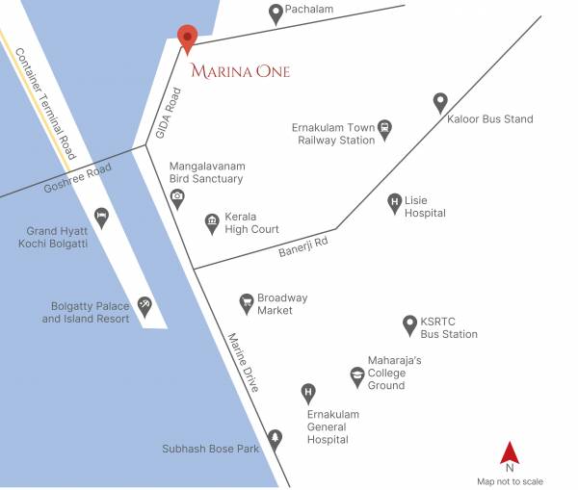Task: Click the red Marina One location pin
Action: coord(188,38)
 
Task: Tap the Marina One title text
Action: coord(240,71)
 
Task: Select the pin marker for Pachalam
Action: coord(276,13)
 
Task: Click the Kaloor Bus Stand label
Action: coord(490,119)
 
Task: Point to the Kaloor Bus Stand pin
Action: coord(440,101)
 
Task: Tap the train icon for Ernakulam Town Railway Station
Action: coord(384,128)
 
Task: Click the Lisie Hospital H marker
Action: coord(394,202)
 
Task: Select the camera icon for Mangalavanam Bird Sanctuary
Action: coord(177,197)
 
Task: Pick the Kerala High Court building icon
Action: coord(212,223)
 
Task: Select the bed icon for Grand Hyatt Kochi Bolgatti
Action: coord(101,217)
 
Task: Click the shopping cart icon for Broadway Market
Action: coord(247,302)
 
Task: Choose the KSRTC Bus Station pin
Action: coord(408,323)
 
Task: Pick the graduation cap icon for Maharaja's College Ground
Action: coord(357,374)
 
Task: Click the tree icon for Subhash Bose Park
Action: coord(275,438)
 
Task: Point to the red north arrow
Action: coord(510,451)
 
